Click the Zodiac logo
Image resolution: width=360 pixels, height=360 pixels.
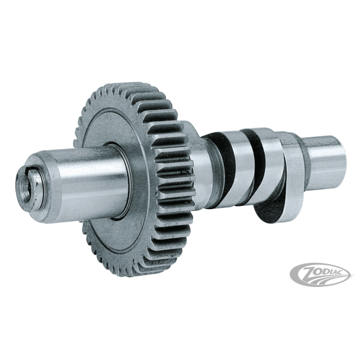point(320,275)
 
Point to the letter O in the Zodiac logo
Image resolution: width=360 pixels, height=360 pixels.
point(319,271)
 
